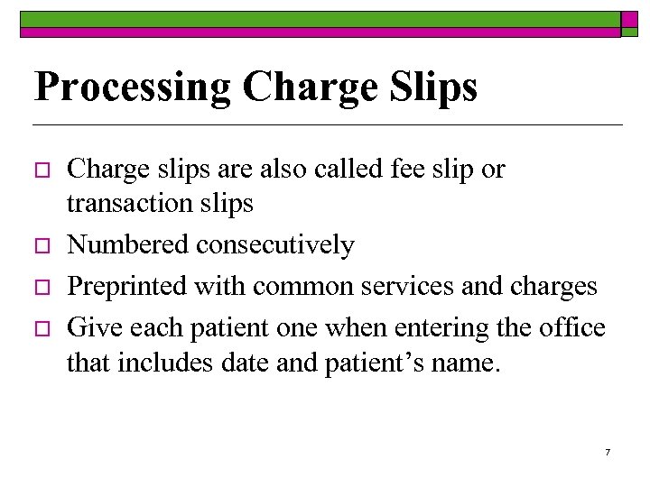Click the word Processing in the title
click(x=134, y=87)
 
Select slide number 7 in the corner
click(x=608, y=451)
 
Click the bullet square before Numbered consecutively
click(x=42, y=246)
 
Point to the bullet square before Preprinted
click(x=42, y=288)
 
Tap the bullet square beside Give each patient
click(x=42, y=328)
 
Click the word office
click(x=572, y=327)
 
